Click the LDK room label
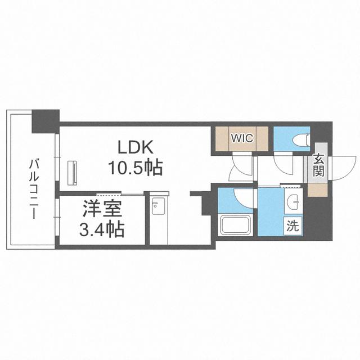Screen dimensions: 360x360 point(135,147)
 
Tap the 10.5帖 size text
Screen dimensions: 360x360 point(135,168)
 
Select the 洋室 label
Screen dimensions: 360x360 point(102,209)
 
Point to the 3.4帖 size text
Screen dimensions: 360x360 point(102,229)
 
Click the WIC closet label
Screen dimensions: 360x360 point(242,138)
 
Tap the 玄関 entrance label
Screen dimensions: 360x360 point(318,165)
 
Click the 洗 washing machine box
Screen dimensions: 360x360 point(293,226)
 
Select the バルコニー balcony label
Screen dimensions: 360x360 point(34,190)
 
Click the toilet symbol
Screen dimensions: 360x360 point(301,139)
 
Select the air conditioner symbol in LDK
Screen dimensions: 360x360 point(72,173)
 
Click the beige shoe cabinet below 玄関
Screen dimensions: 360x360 point(317,190)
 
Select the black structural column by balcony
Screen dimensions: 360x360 point(46,121)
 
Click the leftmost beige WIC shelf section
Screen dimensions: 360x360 point(222,139)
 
